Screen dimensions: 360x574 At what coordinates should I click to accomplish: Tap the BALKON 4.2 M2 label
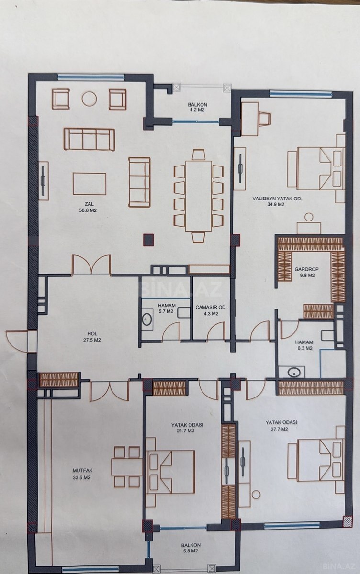(x=197, y=107)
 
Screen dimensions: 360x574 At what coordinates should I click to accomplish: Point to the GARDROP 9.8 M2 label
(x=304, y=272)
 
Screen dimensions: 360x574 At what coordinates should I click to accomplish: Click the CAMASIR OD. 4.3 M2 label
(x=211, y=310)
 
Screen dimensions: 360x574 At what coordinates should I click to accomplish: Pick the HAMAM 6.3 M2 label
(x=304, y=345)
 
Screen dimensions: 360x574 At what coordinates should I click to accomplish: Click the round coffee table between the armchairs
(x=89, y=99)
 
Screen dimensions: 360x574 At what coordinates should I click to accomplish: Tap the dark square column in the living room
(x=148, y=240)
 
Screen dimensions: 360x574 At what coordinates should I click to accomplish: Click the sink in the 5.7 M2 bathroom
(x=147, y=320)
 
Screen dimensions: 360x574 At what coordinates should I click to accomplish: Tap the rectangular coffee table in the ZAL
(x=90, y=184)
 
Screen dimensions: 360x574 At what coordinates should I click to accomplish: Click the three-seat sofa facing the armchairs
(x=89, y=140)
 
